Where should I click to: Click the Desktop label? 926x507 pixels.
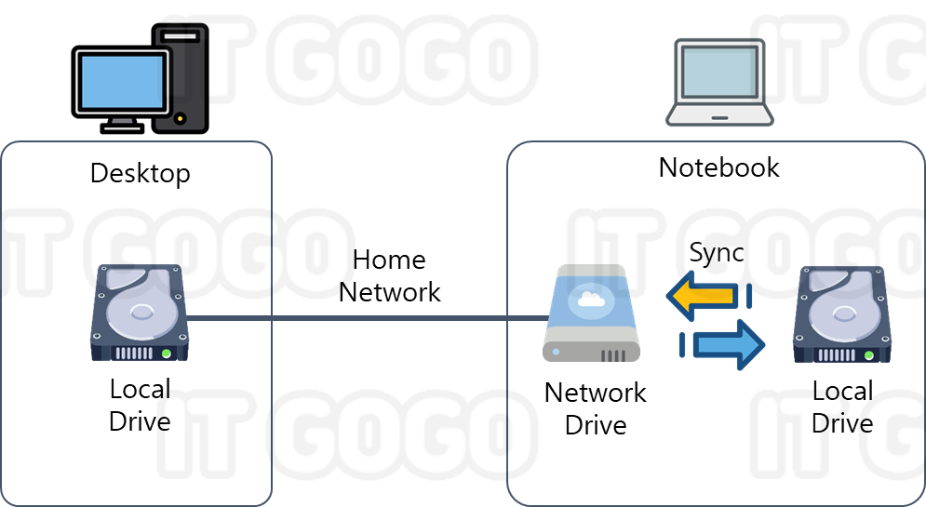[x=140, y=173]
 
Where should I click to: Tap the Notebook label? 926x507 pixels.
[x=718, y=167]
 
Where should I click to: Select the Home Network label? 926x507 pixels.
[x=389, y=275]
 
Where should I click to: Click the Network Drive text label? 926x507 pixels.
[x=595, y=407]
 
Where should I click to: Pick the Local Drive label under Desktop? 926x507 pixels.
[x=140, y=405]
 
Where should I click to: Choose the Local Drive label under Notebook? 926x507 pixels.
[x=841, y=406]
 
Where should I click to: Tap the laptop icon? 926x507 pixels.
[x=719, y=82]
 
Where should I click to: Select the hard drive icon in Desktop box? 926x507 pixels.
[x=139, y=314]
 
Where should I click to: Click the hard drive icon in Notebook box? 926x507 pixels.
[x=841, y=314]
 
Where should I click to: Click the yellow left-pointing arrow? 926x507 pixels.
[x=707, y=297]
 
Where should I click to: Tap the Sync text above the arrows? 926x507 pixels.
[x=717, y=253]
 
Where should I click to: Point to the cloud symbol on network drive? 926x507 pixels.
[x=588, y=298]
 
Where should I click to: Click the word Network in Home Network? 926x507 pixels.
[x=389, y=291]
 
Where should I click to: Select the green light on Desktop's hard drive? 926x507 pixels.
[x=166, y=354]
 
